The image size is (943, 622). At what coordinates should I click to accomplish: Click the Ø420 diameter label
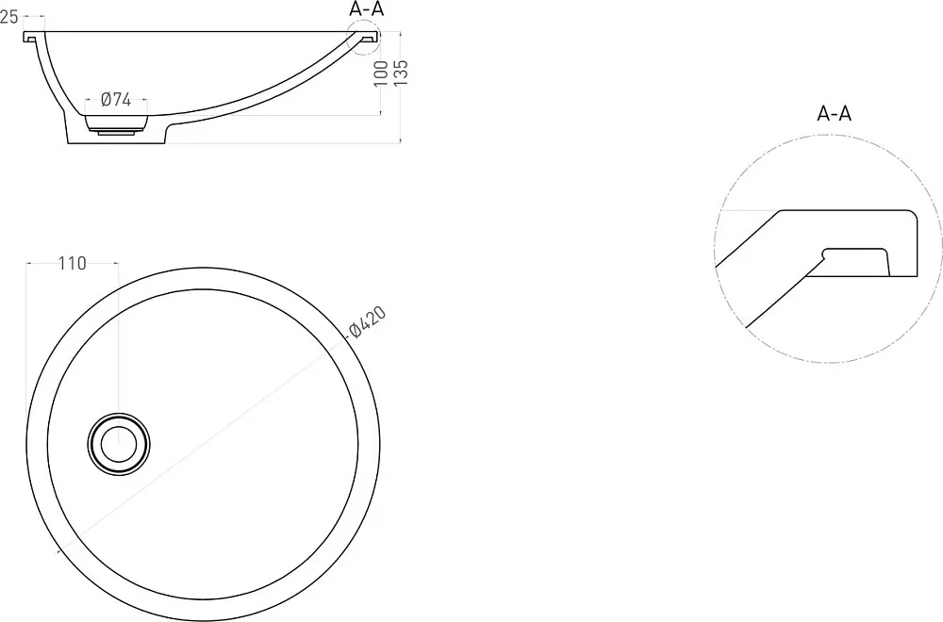tap(367, 321)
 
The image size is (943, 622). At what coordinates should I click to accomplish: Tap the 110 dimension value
tap(73, 263)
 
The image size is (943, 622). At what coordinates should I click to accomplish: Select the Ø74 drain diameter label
tap(115, 99)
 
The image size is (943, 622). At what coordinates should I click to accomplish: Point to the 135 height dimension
tap(401, 73)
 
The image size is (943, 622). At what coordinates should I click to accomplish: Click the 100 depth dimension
tap(381, 74)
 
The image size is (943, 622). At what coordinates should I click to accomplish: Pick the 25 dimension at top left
tap(9, 17)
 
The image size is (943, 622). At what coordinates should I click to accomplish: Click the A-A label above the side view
tap(366, 9)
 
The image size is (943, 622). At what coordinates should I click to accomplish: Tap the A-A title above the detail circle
tap(835, 113)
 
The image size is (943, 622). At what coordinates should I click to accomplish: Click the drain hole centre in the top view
tap(119, 445)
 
